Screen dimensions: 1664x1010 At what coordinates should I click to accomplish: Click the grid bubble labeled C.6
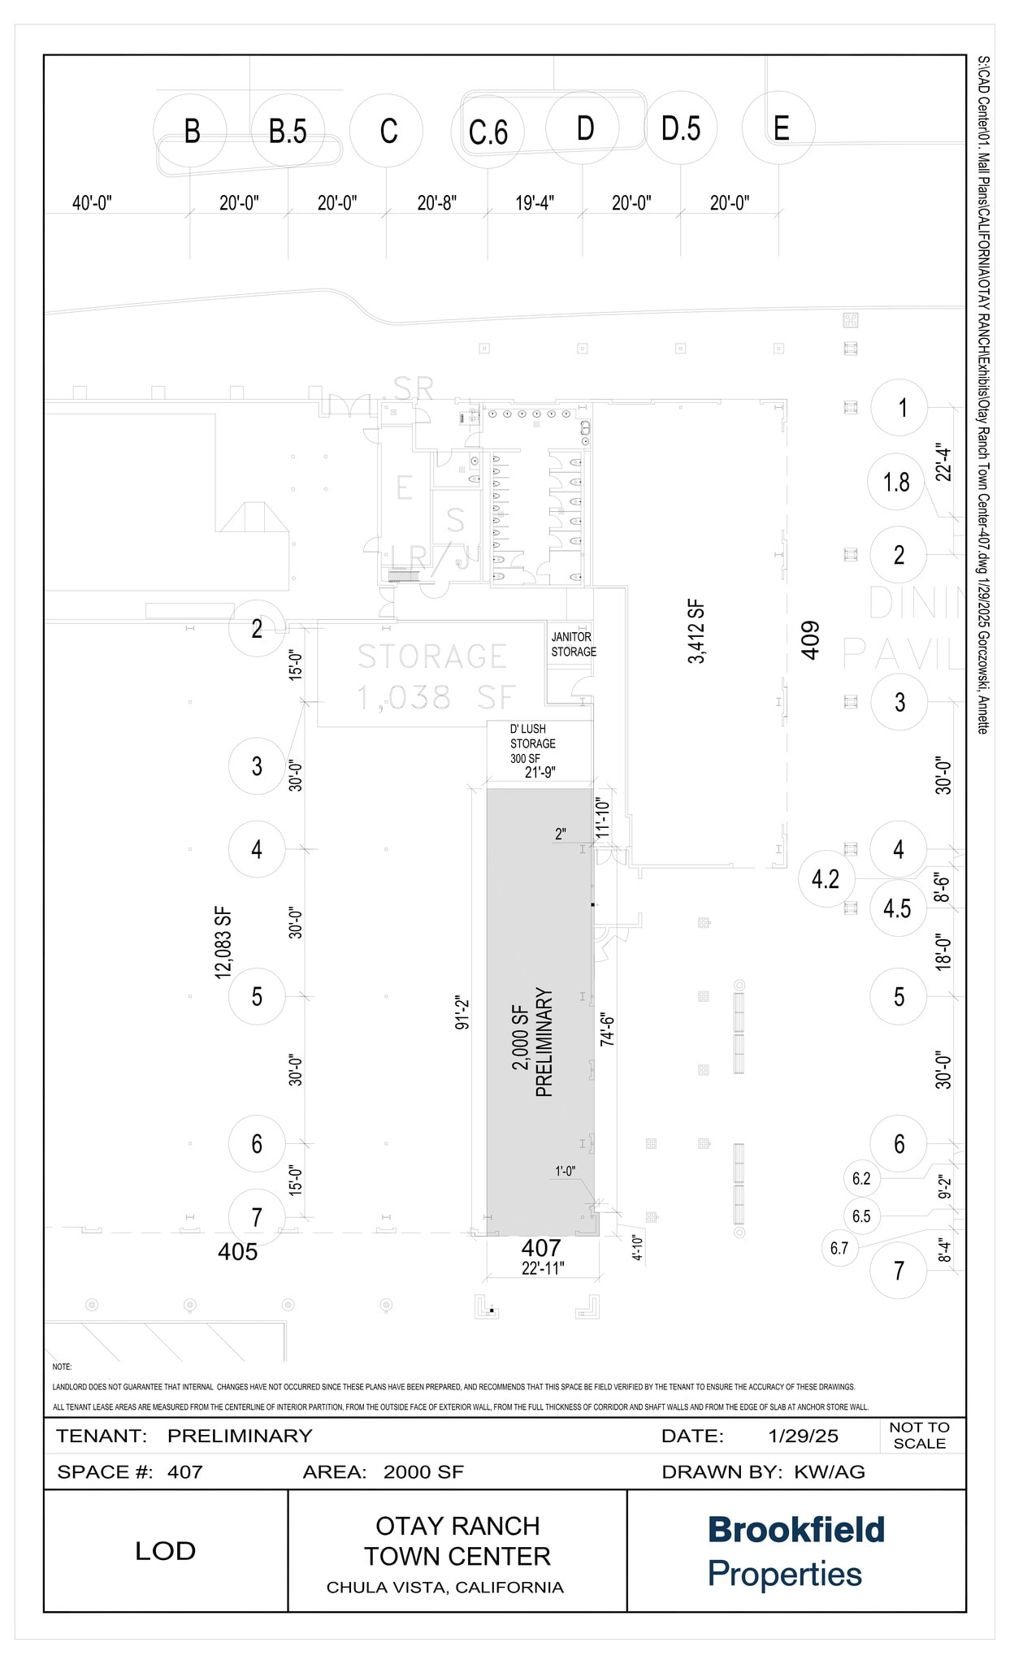(488, 132)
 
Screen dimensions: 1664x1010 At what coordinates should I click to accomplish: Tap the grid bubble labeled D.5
(681, 128)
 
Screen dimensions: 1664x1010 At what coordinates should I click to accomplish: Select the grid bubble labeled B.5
(288, 131)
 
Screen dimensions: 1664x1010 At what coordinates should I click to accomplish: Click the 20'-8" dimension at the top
(437, 203)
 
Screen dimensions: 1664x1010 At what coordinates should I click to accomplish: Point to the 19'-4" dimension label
(535, 203)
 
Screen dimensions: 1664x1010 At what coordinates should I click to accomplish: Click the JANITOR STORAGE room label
(574, 644)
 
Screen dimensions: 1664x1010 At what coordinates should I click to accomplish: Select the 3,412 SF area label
(696, 631)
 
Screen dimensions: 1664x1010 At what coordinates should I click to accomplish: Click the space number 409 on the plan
(810, 639)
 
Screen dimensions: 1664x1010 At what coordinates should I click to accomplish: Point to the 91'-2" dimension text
(462, 1012)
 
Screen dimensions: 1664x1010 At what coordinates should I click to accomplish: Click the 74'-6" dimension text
(606, 1029)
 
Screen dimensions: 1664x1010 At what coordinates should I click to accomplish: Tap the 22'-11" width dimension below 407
(543, 1268)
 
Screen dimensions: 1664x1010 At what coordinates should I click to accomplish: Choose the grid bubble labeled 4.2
(825, 879)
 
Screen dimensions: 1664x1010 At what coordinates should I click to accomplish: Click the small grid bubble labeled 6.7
(839, 1248)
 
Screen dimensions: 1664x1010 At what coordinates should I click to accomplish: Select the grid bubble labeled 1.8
(896, 483)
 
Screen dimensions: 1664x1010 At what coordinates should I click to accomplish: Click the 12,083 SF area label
(223, 942)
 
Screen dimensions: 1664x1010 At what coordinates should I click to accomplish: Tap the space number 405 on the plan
(237, 1252)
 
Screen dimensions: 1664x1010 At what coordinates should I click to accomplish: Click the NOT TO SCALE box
(919, 1435)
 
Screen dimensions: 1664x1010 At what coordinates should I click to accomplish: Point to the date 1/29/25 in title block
(803, 1436)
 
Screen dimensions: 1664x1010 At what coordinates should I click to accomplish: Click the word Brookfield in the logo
(795, 1530)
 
